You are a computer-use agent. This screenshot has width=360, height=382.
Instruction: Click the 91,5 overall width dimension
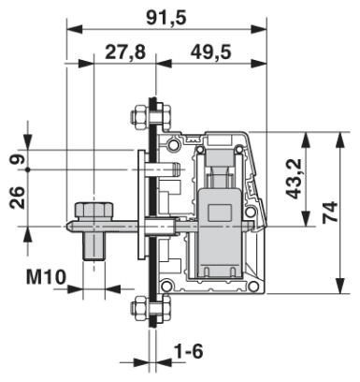pos(165,15)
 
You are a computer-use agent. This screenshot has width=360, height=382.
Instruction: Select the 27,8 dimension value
pos(125,52)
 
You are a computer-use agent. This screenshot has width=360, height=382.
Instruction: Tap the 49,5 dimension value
pos(210,52)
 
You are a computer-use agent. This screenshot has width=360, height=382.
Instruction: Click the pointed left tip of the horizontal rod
pos(65,226)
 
